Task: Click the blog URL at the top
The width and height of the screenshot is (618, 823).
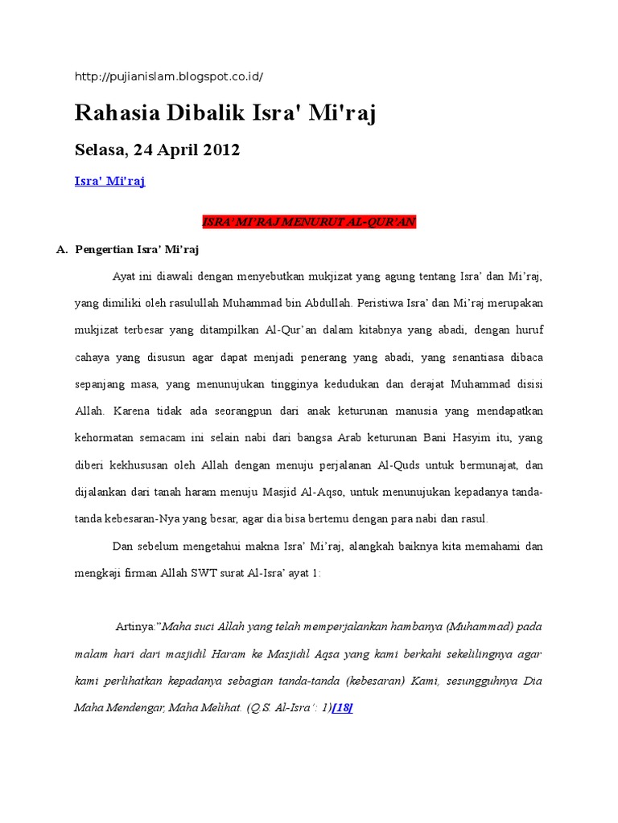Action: [168, 76]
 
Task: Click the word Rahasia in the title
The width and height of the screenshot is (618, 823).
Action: [116, 114]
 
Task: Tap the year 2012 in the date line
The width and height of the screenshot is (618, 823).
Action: [220, 150]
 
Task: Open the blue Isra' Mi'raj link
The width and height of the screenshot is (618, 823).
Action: [109, 182]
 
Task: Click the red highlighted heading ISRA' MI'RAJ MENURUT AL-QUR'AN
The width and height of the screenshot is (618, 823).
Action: [308, 222]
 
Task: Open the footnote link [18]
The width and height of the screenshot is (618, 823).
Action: [342, 709]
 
